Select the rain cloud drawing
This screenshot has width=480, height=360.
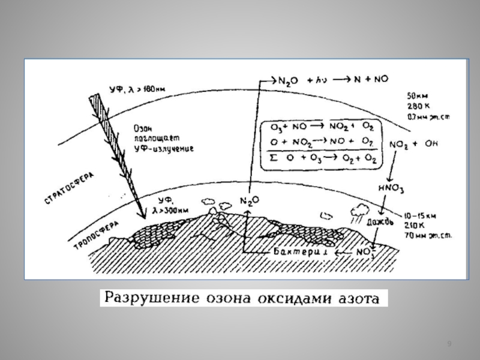coord(361,211)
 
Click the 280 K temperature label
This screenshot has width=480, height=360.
coord(416,104)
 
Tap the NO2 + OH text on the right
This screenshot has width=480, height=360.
coord(410,145)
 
